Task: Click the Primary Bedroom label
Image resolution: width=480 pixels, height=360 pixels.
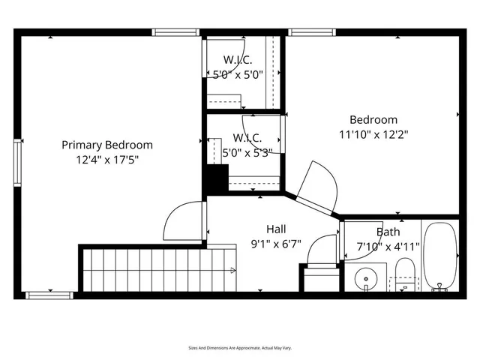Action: pyautogui.click(x=106, y=145)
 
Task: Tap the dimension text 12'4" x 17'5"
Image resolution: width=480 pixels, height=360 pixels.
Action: pyautogui.click(x=106, y=160)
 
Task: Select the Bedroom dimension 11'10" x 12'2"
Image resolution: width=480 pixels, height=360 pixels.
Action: pyautogui.click(x=373, y=134)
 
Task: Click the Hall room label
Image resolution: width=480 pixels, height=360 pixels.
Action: pyautogui.click(x=275, y=229)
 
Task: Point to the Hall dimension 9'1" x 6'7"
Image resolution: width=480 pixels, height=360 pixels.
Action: pyautogui.click(x=275, y=243)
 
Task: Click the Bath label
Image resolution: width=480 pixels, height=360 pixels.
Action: pyautogui.click(x=388, y=232)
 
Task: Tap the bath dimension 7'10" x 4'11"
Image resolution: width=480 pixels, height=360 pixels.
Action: pyautogui.click(x=388, y=246)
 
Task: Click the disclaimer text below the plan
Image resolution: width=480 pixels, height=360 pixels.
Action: pyautogui.click(x=240, y=348)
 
